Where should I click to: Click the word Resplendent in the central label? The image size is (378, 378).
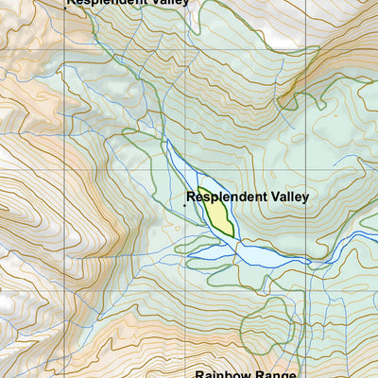226,198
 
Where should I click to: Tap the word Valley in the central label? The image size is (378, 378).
287,198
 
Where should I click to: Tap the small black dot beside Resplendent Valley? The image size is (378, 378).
183,204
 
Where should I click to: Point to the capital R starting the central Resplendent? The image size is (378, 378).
191,198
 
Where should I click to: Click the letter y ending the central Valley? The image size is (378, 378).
305,199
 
